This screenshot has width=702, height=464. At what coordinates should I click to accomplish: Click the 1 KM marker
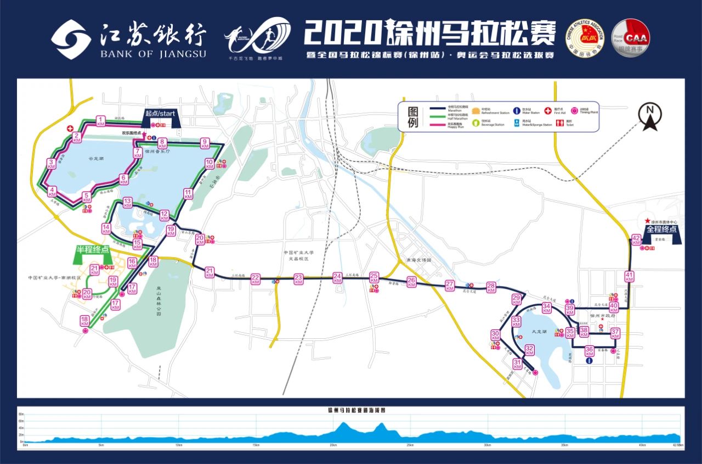tap(100, 121)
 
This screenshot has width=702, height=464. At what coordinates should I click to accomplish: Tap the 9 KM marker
tap(205, 143)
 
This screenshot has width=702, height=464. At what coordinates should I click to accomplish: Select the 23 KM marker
tap(298, 279)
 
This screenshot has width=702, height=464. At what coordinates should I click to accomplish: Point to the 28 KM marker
tap(491, 287)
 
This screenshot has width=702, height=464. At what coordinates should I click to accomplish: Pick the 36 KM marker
tap(590, 351)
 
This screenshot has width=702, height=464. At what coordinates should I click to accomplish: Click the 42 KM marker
tap(636, 239)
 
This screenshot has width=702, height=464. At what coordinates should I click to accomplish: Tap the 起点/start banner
tap(160, 114)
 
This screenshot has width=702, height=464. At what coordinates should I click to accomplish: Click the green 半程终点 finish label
tap(93, 250)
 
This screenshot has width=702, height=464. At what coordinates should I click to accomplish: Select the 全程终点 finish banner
tap(661, 230)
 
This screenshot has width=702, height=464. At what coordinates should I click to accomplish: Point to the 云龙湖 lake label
tap(96, 159)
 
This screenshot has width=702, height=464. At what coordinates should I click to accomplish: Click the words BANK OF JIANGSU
tap(153, 54)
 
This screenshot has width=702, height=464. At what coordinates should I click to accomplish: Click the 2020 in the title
tap(342, 33)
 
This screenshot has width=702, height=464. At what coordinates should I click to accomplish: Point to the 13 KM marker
tap(128, 203)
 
